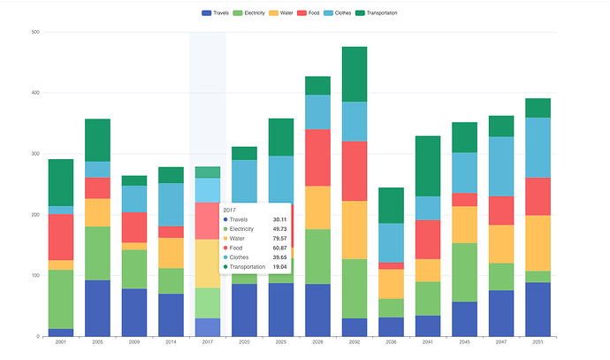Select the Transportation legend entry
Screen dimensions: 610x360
(x=377, y=13)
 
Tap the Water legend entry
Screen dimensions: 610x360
(x=281, y=13)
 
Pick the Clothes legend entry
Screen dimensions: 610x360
(x=338, y=13)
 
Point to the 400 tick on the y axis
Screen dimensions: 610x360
(x=35, y=93)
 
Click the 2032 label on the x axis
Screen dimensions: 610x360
(x=355, y=341)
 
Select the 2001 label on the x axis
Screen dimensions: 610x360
(x=61, y=341)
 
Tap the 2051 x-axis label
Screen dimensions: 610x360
(x=538, y=341)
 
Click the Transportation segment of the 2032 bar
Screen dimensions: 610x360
(x=355, y=74)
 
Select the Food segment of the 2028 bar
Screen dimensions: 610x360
(x=318, y=157)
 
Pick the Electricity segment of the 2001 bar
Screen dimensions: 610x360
(x=61, y=299)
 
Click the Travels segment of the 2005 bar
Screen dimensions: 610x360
(x=97, y=308)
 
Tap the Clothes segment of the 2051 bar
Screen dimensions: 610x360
(x=538, y=148)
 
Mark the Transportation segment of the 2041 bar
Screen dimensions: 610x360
(x=428, y=166)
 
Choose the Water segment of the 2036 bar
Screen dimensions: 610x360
(x=391, y=284)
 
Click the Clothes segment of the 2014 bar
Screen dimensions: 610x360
(x=171, y=204)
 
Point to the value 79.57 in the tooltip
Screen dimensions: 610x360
(x=279, y=239)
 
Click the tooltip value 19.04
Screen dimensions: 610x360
(x=279, y=266)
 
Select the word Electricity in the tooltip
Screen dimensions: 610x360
(x=241, y=229)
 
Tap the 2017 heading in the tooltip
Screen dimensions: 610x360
(x=230, y=211)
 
